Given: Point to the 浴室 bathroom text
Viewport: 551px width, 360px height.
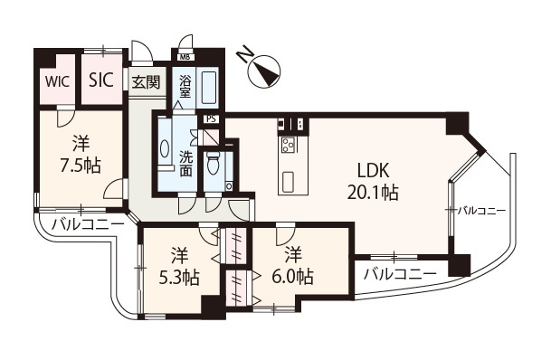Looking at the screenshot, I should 185,86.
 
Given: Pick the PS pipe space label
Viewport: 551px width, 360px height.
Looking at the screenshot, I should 211,118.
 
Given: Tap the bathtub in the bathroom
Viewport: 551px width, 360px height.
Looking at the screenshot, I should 207,89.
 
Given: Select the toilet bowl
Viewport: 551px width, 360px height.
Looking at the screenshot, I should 213,165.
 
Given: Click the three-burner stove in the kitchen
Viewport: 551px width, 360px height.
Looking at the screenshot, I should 292,144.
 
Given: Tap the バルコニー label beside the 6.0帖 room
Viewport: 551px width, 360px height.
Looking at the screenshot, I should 400,272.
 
